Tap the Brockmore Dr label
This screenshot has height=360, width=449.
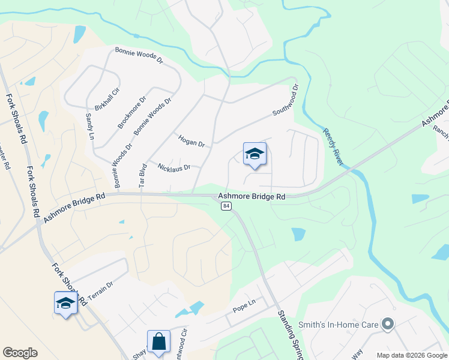click(x=132, y=113)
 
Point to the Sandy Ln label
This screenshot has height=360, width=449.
click(x=90, y=127)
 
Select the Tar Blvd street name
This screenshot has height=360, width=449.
click(x=143, y=176)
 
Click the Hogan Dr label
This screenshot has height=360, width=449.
click(x=191, y=141)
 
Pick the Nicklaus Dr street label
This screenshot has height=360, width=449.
click(x=173, y=166)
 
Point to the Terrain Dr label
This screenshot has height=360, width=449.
click(x=100, y=291)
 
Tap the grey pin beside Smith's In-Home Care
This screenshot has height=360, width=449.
click(x=387, y=325)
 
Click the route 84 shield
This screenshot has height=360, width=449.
click(x=226, y=206)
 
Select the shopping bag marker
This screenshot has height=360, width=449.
click(x=158, y=342)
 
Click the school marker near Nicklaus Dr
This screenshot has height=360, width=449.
click(x=254, y=155)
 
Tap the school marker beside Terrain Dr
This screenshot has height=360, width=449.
click(x=65, y=304)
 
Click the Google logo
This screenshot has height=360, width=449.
click(x=20, y=353)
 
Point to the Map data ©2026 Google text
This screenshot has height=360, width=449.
click(x=411, y=355)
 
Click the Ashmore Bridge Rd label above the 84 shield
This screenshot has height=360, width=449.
click(x=251, y=196)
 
